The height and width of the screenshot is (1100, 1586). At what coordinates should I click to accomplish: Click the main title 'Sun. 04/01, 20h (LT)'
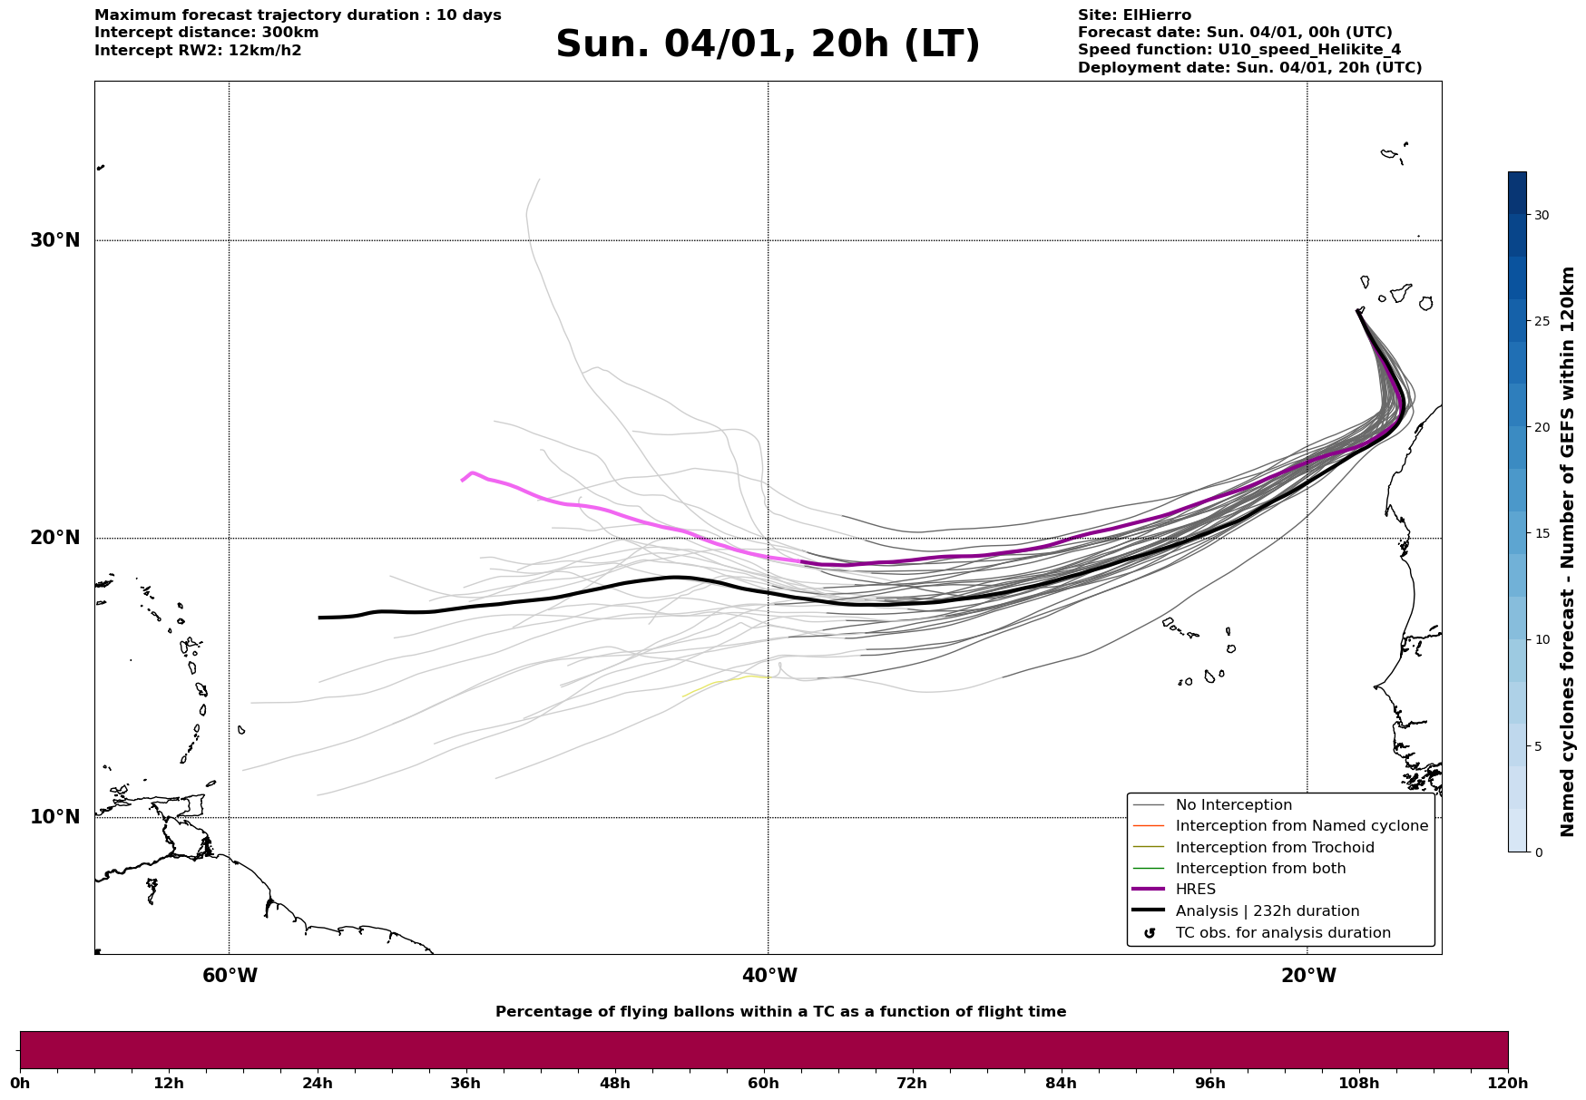[768, 44]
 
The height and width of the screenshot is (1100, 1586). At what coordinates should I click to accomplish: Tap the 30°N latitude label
[54, 240]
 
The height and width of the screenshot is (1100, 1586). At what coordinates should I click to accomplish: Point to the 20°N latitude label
[54, 538]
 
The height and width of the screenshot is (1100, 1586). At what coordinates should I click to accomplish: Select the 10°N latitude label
[54, 817]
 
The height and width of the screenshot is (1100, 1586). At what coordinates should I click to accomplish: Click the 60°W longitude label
[230, 976]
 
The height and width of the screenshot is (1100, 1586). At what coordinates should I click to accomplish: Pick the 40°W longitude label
[769, 976]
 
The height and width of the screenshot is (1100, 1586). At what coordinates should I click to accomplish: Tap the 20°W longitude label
[1308, 976]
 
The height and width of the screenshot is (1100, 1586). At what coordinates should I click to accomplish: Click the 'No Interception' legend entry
[1233, 805]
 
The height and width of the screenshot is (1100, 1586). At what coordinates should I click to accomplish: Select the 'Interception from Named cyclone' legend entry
[1301, 826]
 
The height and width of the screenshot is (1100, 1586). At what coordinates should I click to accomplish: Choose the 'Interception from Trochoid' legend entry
[1274, 848]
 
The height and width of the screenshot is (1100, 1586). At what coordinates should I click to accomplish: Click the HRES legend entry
[1195, 890]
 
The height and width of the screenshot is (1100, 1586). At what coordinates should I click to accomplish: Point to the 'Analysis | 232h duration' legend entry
[1267, 911]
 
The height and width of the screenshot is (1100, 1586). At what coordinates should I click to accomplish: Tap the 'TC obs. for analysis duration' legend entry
[1282, 933]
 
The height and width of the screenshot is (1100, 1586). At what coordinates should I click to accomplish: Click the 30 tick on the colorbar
[1542, 215]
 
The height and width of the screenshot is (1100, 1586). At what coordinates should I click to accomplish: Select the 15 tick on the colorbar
[1542, 533]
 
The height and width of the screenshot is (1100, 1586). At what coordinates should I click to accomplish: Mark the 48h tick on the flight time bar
[614, 1083]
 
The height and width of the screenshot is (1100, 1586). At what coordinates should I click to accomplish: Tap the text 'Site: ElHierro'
[1134, 15]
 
